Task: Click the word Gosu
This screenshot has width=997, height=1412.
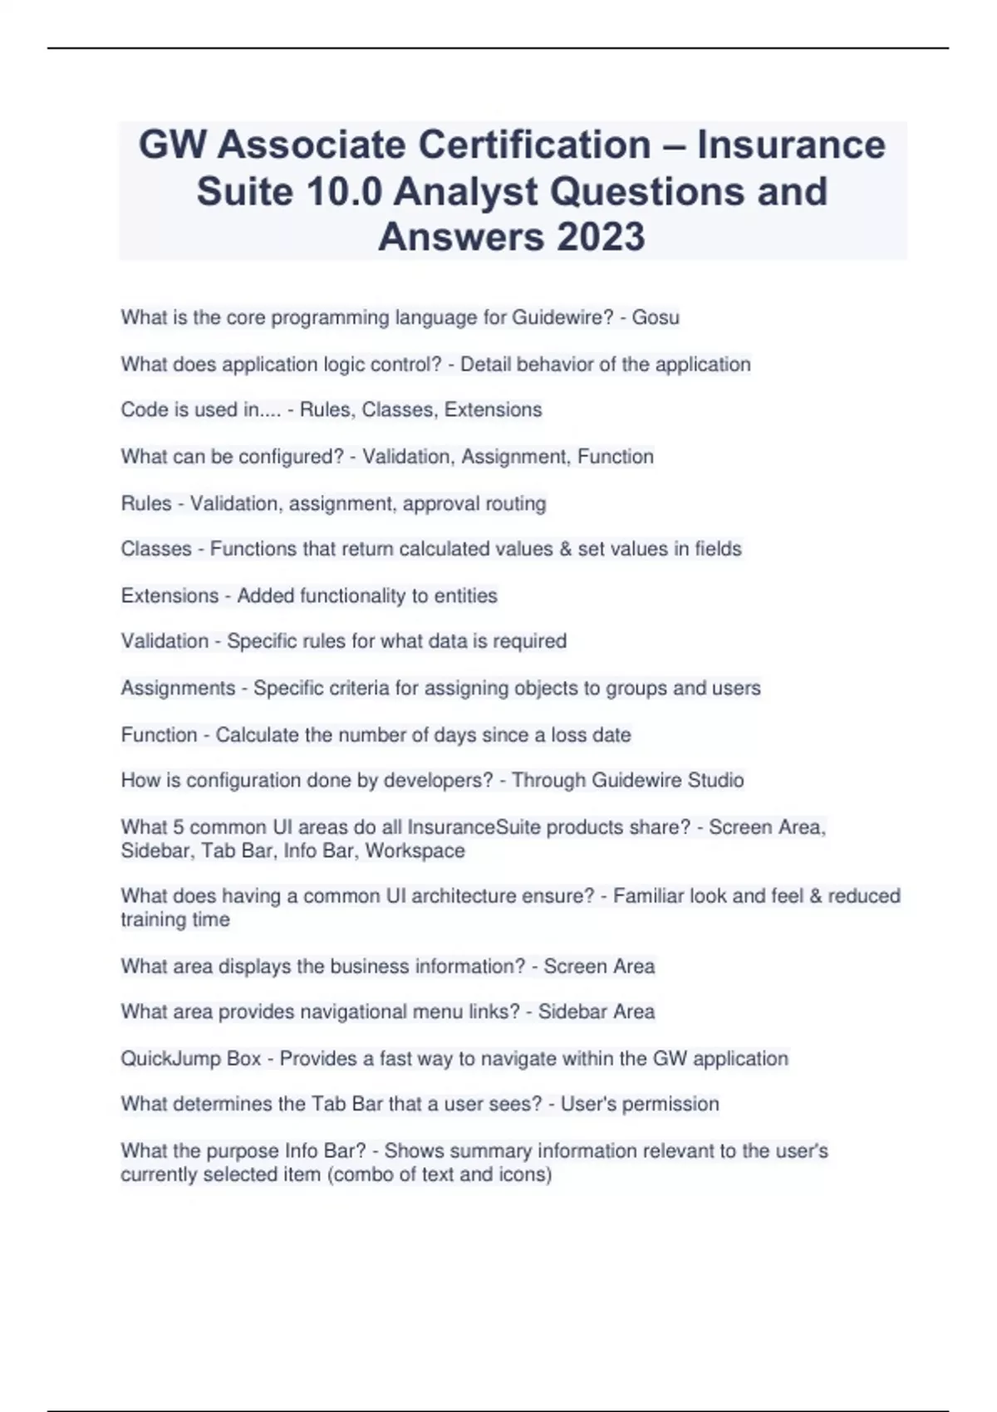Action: coord(656,317)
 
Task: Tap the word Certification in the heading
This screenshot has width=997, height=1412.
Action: coord(534,145)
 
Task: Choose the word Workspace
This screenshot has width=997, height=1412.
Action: coord(415,851)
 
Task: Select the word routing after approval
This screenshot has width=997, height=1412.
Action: coord(517,503)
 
